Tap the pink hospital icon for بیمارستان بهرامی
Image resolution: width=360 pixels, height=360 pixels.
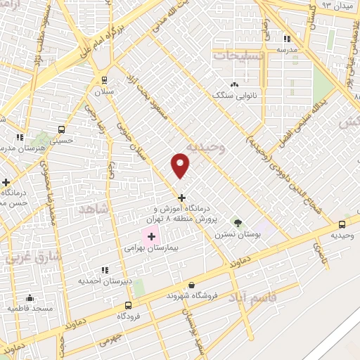click(x=151, y=237)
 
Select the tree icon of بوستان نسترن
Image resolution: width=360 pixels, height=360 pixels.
click(x=238, y=223)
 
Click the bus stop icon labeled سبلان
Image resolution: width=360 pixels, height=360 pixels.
click(x=104, y=79)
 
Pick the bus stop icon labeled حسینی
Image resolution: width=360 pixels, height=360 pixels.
click(x=61, y=129)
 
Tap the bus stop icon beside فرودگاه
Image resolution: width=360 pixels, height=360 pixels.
click(x=127, y=305)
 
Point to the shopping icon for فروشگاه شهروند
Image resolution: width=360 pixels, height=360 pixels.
click(x=191, y=285)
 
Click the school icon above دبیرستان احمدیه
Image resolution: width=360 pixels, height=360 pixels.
click(x=105, y=269)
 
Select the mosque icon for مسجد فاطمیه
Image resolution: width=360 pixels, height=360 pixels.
click(x=30, y=298)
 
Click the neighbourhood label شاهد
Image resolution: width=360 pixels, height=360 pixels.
click(x=94, y=209)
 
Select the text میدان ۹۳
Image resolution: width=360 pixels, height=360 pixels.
click(x=335, y=4)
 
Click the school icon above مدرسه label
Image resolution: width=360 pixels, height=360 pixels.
click(x=287, y=39)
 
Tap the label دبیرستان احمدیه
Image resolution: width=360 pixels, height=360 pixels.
click(x=105, y=281)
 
